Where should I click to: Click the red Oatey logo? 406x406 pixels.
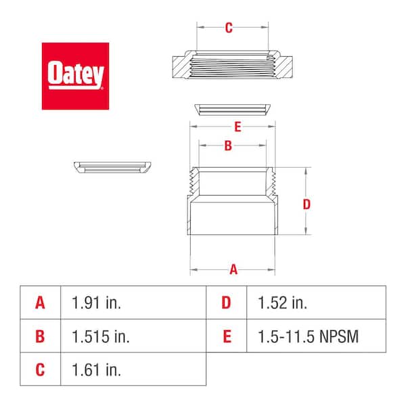click(x=75, y=76)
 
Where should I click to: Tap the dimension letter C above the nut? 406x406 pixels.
click(x=229, y=28)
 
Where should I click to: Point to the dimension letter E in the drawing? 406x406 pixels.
click(x=238, y=127)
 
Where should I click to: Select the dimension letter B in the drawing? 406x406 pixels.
click(x=228, y=145)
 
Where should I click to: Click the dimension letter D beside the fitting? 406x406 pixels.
click(x=307, y=204)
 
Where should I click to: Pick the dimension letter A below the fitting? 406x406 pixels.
click(x=233, y=269)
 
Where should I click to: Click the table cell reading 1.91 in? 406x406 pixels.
click(x=96, y=302)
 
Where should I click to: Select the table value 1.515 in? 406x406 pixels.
click(x=100, y=336)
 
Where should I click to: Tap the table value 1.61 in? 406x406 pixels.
click(x=96, y=369)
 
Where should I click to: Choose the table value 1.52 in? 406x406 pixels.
click(x=282, y=302)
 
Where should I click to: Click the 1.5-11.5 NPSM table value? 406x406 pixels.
click(x=308, y=336)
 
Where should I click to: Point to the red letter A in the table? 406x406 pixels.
click(x=40, y=302)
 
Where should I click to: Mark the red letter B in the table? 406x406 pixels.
click(x=40, y=336)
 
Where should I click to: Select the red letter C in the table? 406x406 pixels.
click(x=40, y=369)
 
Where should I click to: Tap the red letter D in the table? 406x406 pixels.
click(x=226, y=302)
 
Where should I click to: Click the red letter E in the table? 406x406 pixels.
click(x=227, y=336)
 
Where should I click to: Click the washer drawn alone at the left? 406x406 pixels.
click(x=112, y=167)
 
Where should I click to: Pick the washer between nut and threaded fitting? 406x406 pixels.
click(x=233, y=110)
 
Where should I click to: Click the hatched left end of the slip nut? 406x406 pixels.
click(x=181, y=67)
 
